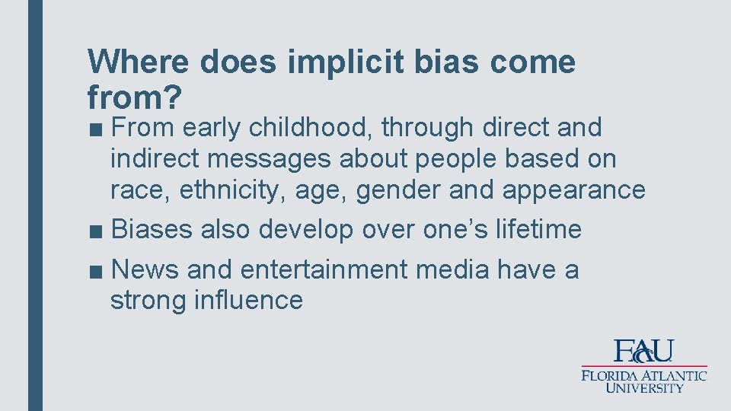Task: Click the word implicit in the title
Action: pyautogui.click(x=343, y=63)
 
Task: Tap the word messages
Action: pyautogui.click(x=269, y=159)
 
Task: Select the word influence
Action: pyautogui.click(x=248, y=301)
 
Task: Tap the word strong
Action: pyautogui.click(x=148, y=301)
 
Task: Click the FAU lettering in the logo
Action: pyautogui.click(x=644, y=351)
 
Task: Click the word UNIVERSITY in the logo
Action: pyautogui.click(x=644, y=388)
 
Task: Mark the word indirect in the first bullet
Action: pyautogui.click(x=155, y=159)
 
